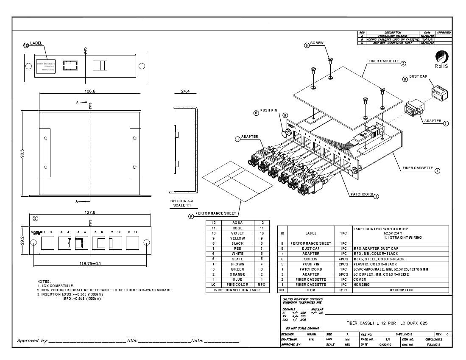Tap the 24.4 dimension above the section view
[x=186, y=91]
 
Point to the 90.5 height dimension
[x=22, y=153]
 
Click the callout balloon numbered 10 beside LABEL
[x=26, y=45]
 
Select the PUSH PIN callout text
[x=268, y=110]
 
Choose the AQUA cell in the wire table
[x=237, y=223]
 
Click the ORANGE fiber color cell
[x=237, y=274]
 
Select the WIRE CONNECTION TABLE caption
[x=237, y=290]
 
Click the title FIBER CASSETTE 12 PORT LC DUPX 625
[x=386, y=323]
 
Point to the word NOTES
[x=44, y=282]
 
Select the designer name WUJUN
[x=311, y=335]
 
